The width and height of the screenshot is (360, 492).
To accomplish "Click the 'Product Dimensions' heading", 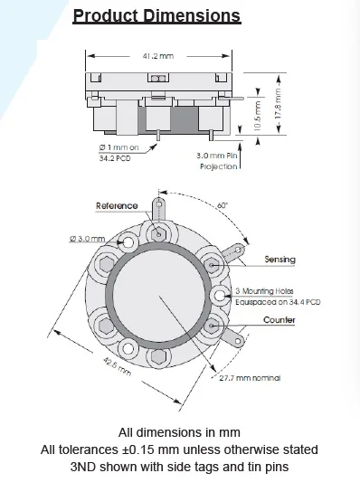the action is click(156, 15).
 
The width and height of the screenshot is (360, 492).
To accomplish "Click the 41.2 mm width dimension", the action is click(158, 56).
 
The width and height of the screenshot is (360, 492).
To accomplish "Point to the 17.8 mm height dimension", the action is click(278, 103).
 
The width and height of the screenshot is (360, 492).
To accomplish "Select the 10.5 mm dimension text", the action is click(258, 116).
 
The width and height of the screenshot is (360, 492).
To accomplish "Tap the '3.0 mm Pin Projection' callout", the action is click(217, 161).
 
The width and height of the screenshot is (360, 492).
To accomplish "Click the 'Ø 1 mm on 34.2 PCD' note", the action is click(118, 153).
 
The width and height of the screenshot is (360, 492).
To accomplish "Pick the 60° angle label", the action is click(223, 205).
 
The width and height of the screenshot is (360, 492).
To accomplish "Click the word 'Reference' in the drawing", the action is click(117, 206).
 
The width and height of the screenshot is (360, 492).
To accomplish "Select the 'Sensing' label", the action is click(279, 260).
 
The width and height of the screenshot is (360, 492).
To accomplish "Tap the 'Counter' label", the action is click(279, 320).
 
